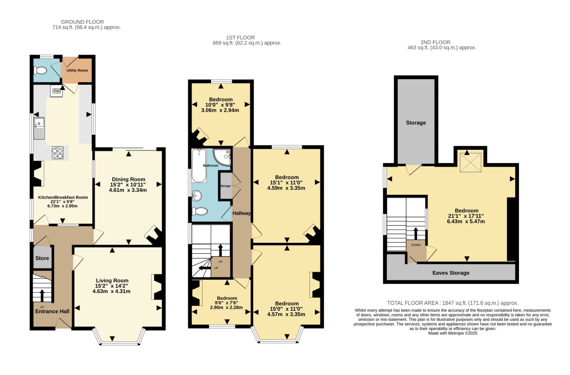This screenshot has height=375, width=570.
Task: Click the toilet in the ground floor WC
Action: (40, 70)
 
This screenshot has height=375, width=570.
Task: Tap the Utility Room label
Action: (77, 70)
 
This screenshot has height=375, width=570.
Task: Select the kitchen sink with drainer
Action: (39, 128)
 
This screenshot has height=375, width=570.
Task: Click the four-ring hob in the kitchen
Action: (57, 153)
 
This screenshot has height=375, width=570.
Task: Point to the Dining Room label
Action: (129, 179)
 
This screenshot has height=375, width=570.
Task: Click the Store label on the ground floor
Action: (42, 258)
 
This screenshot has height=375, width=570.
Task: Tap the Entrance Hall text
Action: (52, 311)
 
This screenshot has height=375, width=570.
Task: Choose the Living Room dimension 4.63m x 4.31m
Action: (112, 291)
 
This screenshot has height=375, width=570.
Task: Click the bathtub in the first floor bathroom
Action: (199, 166)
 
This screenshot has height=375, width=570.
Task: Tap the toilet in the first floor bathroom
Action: (200, 211)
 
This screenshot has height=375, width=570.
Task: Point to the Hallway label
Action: (242, 213)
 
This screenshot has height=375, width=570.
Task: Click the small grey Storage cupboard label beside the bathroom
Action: (225, 186)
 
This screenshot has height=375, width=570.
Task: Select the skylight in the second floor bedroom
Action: (471, 163)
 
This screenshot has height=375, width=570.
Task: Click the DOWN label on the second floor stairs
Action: (416, 245)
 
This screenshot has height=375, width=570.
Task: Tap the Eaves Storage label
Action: (451, 273)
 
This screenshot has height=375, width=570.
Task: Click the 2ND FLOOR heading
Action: (435, 42)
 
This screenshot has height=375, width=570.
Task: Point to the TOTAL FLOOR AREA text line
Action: (453, 303)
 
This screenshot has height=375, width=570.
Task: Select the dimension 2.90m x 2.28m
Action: (226, 308)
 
